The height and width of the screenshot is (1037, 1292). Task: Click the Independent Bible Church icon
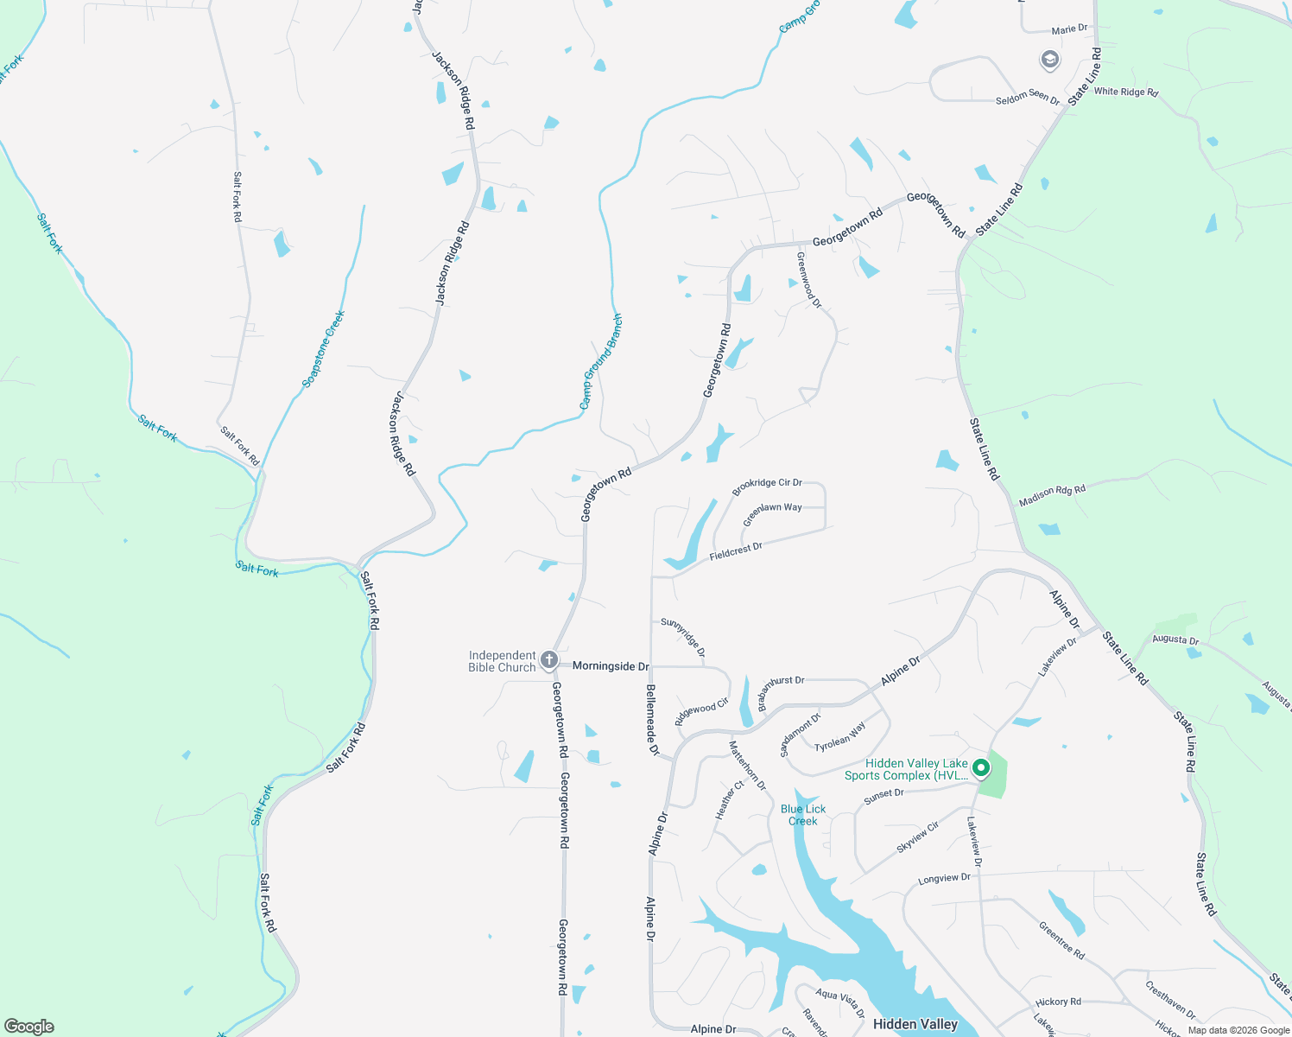[548, 661]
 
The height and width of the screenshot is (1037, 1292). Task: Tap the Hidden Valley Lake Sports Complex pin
[980, 767]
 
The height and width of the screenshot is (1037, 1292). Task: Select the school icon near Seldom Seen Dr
[1049, 60]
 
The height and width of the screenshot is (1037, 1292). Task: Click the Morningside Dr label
[611, 666]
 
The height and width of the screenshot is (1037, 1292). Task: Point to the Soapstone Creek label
[324, 348]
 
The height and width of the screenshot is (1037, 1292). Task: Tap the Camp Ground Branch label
[600, 361]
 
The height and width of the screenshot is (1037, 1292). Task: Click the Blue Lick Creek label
[803, 815]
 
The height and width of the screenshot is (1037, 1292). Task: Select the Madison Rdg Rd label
[1052, 495]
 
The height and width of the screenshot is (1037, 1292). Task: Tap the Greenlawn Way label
[772, 514]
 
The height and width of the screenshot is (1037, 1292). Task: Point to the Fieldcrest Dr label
[736, 551]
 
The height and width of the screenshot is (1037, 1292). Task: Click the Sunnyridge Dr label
[683, 636]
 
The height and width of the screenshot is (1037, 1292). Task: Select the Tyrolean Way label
[839, 737]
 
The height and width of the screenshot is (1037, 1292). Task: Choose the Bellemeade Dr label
[651, 722]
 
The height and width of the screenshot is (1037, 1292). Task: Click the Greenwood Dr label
[808, 279]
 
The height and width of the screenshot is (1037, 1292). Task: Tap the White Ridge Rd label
[1125, 92]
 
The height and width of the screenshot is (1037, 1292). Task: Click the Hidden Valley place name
[915, 1024]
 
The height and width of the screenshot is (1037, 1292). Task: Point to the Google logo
[28, 1027]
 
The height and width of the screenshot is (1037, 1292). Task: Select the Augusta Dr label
[1175, 640]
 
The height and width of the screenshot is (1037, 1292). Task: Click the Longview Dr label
[944, 879]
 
